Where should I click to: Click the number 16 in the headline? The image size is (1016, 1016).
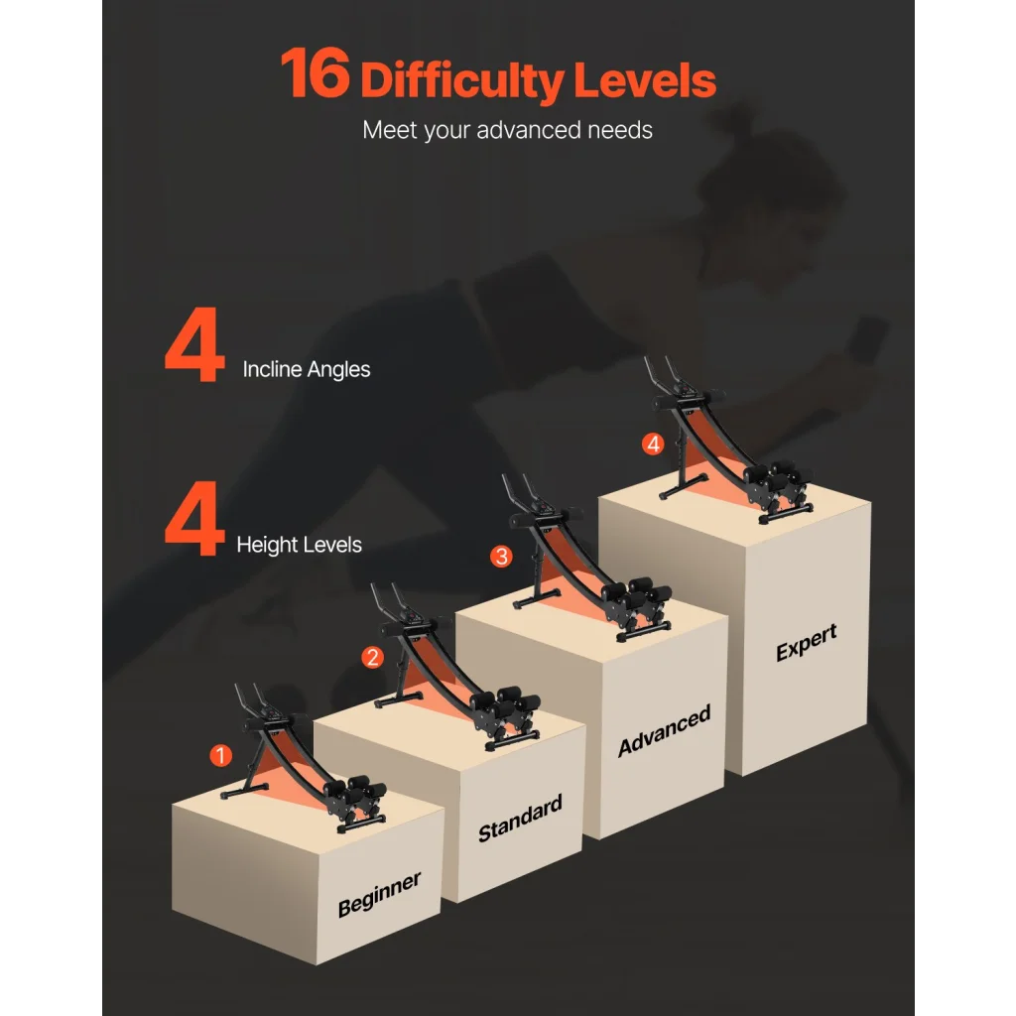[x=316, y=73]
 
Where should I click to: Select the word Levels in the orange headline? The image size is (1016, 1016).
[x=645, y=80]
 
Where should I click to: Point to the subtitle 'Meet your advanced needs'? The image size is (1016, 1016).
[x=507, y=130]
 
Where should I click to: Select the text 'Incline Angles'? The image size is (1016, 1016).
[x=307, y=369]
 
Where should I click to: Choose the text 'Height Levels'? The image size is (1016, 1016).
[x=300, y=545]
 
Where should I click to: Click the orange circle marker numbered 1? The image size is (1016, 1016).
[x=221, y=755]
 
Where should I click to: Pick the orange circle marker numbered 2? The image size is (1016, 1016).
[x=373, y=657]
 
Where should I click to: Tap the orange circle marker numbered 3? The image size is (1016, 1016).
[x=501, y=556]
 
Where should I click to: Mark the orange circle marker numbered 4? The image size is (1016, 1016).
[x=653, y=444]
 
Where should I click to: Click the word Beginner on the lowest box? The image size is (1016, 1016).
[x=380, y=894]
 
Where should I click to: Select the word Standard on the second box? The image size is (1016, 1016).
[x=520, y=819]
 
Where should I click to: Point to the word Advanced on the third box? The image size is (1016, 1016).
[x=664, y=730]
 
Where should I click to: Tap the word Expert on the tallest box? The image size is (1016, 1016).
[x=807, y=642]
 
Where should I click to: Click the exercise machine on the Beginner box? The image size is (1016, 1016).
[x=305, y=758]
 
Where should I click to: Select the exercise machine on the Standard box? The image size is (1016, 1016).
[x=453, y=668]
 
